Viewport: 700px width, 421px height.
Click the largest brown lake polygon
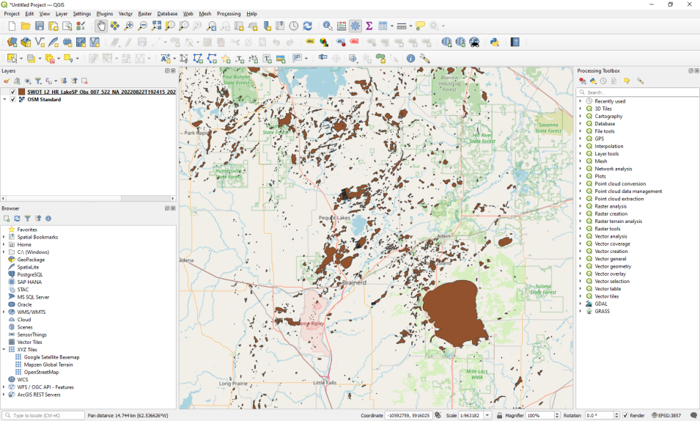click(456, 312)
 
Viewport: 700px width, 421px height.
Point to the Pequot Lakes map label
click(334, 217)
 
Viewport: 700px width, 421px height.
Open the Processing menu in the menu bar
click(229, 14)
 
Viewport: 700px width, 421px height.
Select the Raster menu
click(145, 14)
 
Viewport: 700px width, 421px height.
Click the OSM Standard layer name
click(44, 100)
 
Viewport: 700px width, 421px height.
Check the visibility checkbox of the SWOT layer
click(12, 92)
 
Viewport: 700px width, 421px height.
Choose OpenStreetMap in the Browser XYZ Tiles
click(41, 372)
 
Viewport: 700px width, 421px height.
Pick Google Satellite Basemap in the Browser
click(51, 357)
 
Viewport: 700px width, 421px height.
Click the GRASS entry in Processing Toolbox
click(602, 311)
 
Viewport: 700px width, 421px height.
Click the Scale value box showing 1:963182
click(474, 415)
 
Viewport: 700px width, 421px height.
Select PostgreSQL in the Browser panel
click(30, 274)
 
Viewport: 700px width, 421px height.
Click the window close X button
click(689, 4)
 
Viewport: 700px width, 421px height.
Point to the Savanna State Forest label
click(548, 128)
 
